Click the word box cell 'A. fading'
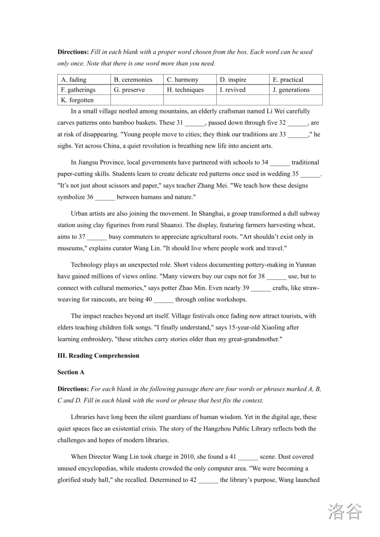pos(84,80)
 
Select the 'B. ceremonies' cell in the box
pos(137,80)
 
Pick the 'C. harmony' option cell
pos(190,80)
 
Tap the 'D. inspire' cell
pos(243,80)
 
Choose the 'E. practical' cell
pos(296,80)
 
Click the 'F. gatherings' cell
pos(84,90)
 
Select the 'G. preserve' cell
pos(137,90)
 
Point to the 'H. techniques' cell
pos(190,90)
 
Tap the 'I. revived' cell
pos(243,90)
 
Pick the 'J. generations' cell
pos(296,90)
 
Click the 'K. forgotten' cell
pos(84,100)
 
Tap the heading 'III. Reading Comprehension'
pos(98,356)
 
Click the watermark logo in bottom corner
pos(345,511)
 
